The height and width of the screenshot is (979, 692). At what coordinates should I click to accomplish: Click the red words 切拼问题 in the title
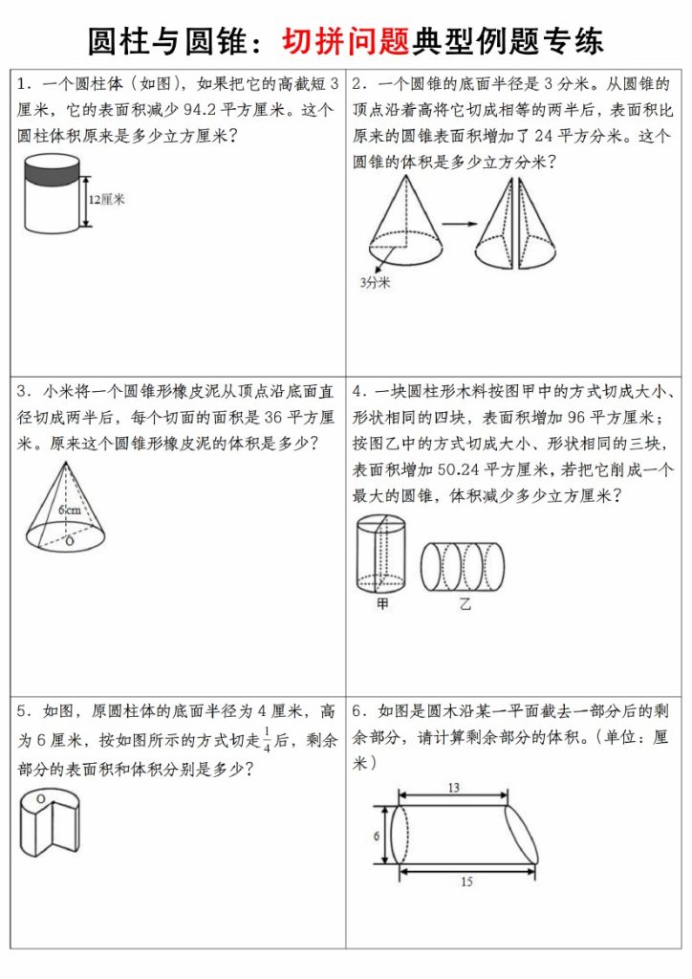pyautogui.click(x=345, y=40)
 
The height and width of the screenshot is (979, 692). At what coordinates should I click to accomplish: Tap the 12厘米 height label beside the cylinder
pyautogui.click(x=107, y=200)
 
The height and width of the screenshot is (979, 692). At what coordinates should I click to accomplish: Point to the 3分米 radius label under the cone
pyautogui.click(x=376, y=282)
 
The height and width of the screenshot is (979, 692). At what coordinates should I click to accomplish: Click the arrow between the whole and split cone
pyautogui.click(x=458, y=224)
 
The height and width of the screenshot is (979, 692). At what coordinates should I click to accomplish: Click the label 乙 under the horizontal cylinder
pyautogui.click(x=464, y=603)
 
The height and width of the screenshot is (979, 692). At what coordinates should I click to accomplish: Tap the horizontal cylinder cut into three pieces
pyautogui.click(x=463, y=565)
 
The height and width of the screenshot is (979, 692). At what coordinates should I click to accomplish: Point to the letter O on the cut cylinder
pyautogui.click(x=40, y=796)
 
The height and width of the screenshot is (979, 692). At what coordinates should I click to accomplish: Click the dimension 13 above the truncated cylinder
pyautogui.click(x=454, y=787)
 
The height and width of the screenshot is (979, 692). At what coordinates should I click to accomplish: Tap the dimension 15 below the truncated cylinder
pyautogui.click(x=465, y=881)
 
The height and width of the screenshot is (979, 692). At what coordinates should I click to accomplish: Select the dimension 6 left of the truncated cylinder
pyautogui.click(x=377, y=835)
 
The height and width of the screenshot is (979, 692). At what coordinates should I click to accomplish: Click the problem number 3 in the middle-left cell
pyautogui.click(x=22, y=392)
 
